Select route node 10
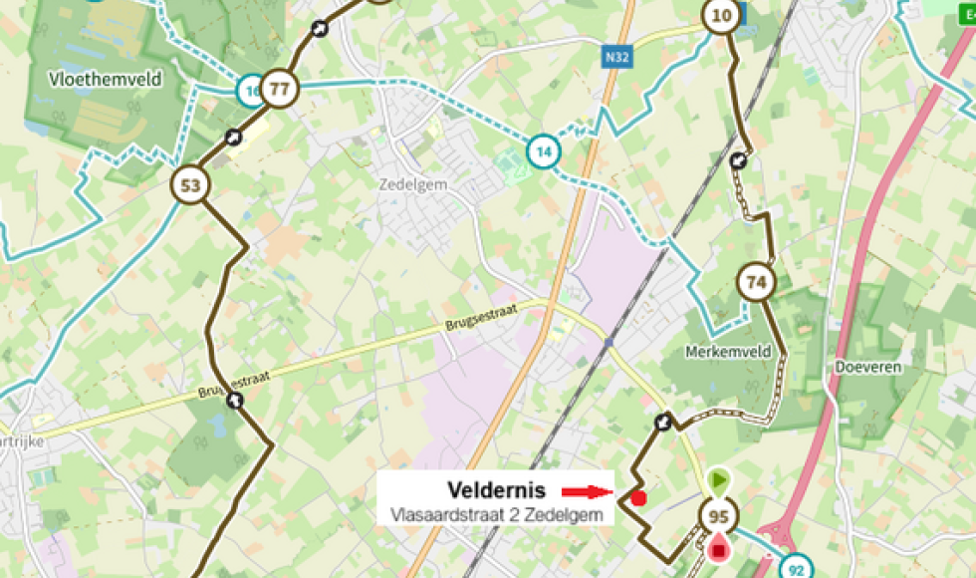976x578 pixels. coord(721,15)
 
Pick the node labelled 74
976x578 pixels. coord(757,283)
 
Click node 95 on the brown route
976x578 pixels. coord(717,516)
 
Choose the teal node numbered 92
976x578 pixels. coord(795,569)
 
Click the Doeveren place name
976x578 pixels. coord(868,367)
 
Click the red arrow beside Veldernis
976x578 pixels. coord(586,491)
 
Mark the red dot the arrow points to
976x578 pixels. coord(638,497)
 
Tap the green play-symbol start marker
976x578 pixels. coord(718,481)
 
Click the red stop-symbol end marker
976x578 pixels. coord(718,546)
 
